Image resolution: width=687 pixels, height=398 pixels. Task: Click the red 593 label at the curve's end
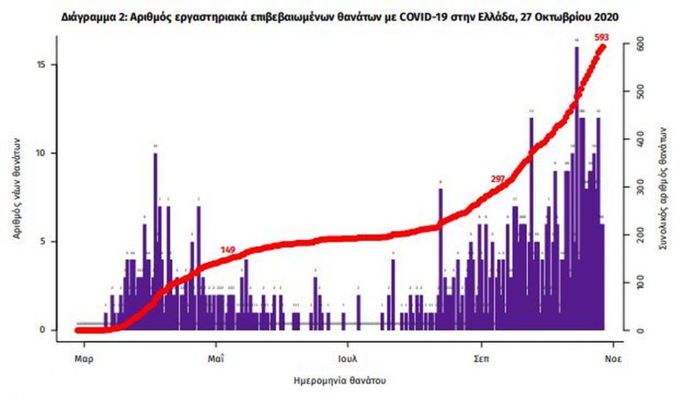click(601, 38)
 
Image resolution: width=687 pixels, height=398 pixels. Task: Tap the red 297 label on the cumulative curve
click(498, 179)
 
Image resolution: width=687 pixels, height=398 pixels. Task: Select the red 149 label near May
click(228, 250)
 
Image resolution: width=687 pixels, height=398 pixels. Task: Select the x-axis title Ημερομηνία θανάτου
click(343, 380)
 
